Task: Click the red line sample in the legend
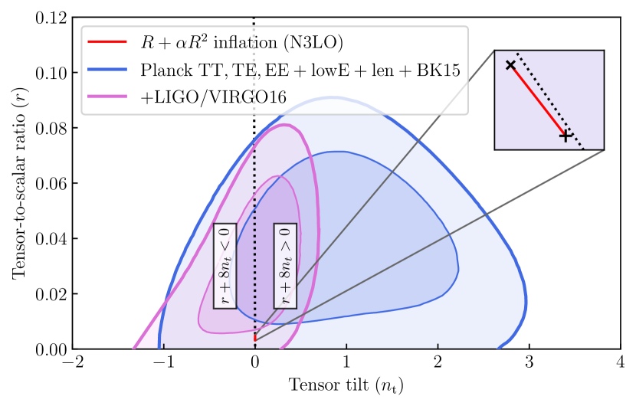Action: coord(110,42)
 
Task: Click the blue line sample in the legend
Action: coord(110,70)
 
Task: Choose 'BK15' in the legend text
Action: coord(439,70)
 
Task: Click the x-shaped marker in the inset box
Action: coord(510,65)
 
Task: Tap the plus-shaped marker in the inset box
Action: coord(566,136)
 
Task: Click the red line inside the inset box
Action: coord(538,100)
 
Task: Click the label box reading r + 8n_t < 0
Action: coord(225,266)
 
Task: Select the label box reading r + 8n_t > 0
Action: coord(285,266)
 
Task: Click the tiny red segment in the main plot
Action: coord(254,336)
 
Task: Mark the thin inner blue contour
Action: coord(458,268)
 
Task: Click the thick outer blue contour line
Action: coord(526,299)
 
